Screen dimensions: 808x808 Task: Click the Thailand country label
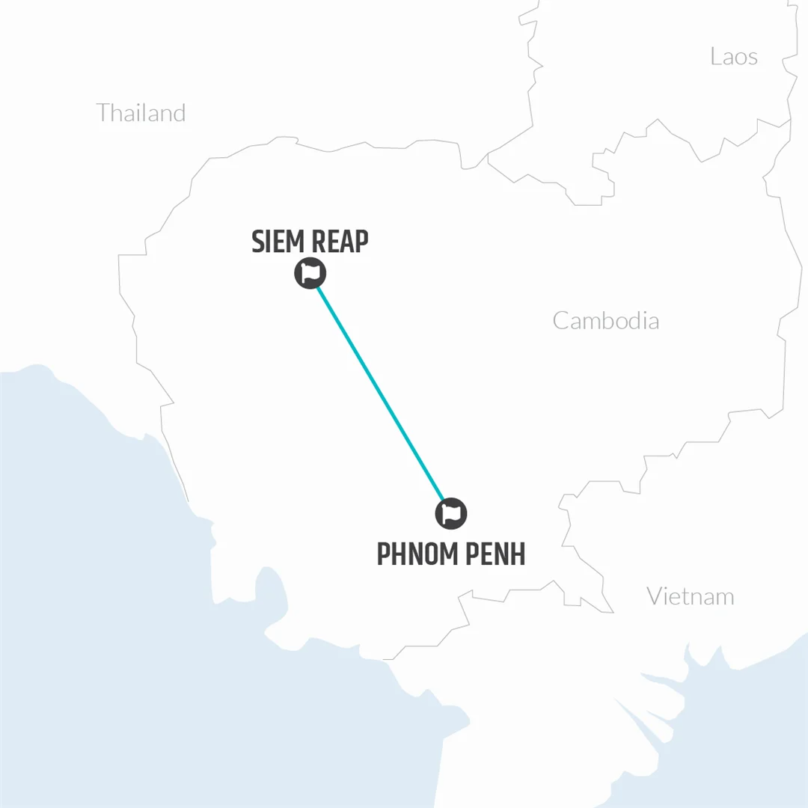pos(141,113)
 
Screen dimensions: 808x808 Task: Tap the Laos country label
pos(734,56)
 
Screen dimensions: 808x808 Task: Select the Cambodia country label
pos(606,321)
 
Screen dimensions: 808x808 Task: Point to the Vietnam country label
pos(691,596)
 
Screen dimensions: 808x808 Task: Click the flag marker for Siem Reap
pos(310,273)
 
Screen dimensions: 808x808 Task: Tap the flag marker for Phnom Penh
pos(451,513)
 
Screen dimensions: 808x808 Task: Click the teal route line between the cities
pos(380,393)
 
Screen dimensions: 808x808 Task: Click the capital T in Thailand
pos(103,113)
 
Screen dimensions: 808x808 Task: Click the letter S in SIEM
pos(259,242)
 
